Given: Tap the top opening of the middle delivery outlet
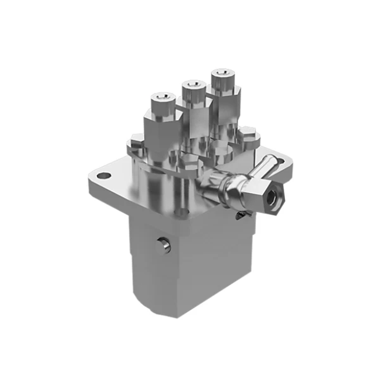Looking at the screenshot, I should (193, 85).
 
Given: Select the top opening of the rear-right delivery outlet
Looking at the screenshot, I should (220, 74).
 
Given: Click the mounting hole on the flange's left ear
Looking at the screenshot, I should (105, 176).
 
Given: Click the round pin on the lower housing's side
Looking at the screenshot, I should (165, 245).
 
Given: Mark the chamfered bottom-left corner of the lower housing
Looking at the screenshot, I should (139, 303).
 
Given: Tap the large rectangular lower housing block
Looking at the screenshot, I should (191, 265).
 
